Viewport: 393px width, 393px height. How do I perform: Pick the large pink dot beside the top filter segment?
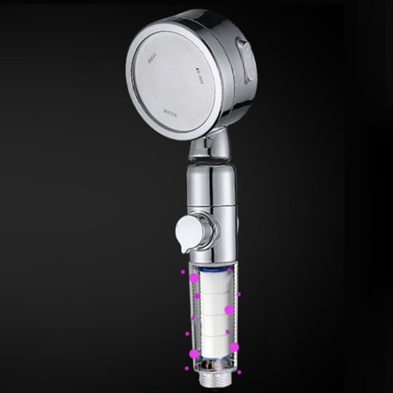pos(194,278)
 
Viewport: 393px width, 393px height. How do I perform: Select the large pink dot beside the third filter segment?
pos(229,309)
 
